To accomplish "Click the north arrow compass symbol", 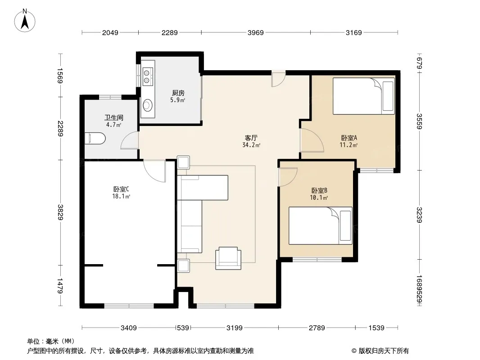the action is (x=25, y=20).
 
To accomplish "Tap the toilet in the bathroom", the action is (x=95, y=139).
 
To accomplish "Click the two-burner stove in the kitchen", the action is (x=147, y=77).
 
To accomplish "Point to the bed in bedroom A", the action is (x=364, y=96).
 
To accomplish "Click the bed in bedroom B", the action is (x=321, y=226).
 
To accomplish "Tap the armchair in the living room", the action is (x=228, y=258).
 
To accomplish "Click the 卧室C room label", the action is (x=121, y=189).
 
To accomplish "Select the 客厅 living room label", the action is (x=251, y=138).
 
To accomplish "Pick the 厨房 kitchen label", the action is (x=178, y=93).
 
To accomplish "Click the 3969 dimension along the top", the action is (x=256, y=32).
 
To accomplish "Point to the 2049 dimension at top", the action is (x=110, y=32).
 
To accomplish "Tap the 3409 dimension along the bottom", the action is (x=129, y=328).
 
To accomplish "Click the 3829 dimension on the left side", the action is (x=60, y=212).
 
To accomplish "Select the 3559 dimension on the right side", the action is (x=419, y=121).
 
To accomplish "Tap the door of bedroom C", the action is (x=154, y=171).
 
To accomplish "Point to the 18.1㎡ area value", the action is (x=121, y=196).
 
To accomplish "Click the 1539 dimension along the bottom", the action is (x=376, y=328).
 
